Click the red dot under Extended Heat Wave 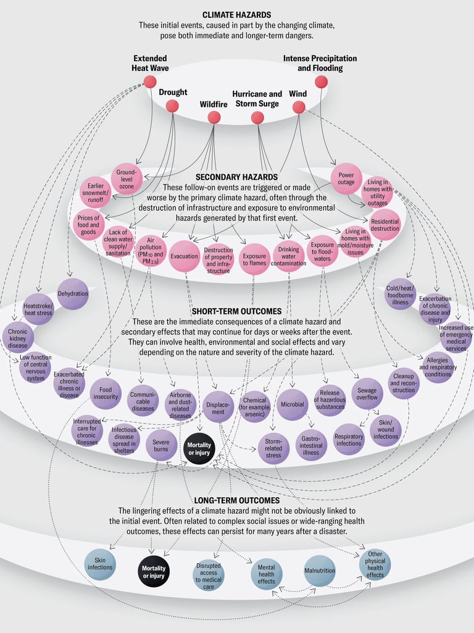pyautogui.click(x=150, y=82)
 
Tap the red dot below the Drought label pyautogui.click(x=172, y=106)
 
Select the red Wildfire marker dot pyautogui.click(x=214, y=117)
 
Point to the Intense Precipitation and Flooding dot pyautogui.click(x=320, y=82)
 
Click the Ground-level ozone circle pyautogui.click(x=127, y=178)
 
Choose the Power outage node pyautogui.click(x=346, y=178)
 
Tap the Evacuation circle pyautogui.click(x=184, y=256)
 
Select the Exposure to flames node pyautogui.click(x=254, y=259)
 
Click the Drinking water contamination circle pyautogui.click(x=289, y=259)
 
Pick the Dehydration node pyautogui.click(x=73, y=294)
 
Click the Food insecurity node pyautogui.click(x=106, y=393)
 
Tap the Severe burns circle pyautogui.click(x=161, y=445)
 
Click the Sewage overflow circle pyautogui.click(x=367, y=393)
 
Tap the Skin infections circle pyautogui.click(x=100, y=564)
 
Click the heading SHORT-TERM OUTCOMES pyautogui.click(x=236, y=311)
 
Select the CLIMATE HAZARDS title pyautogui.click(x=236, y=15)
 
